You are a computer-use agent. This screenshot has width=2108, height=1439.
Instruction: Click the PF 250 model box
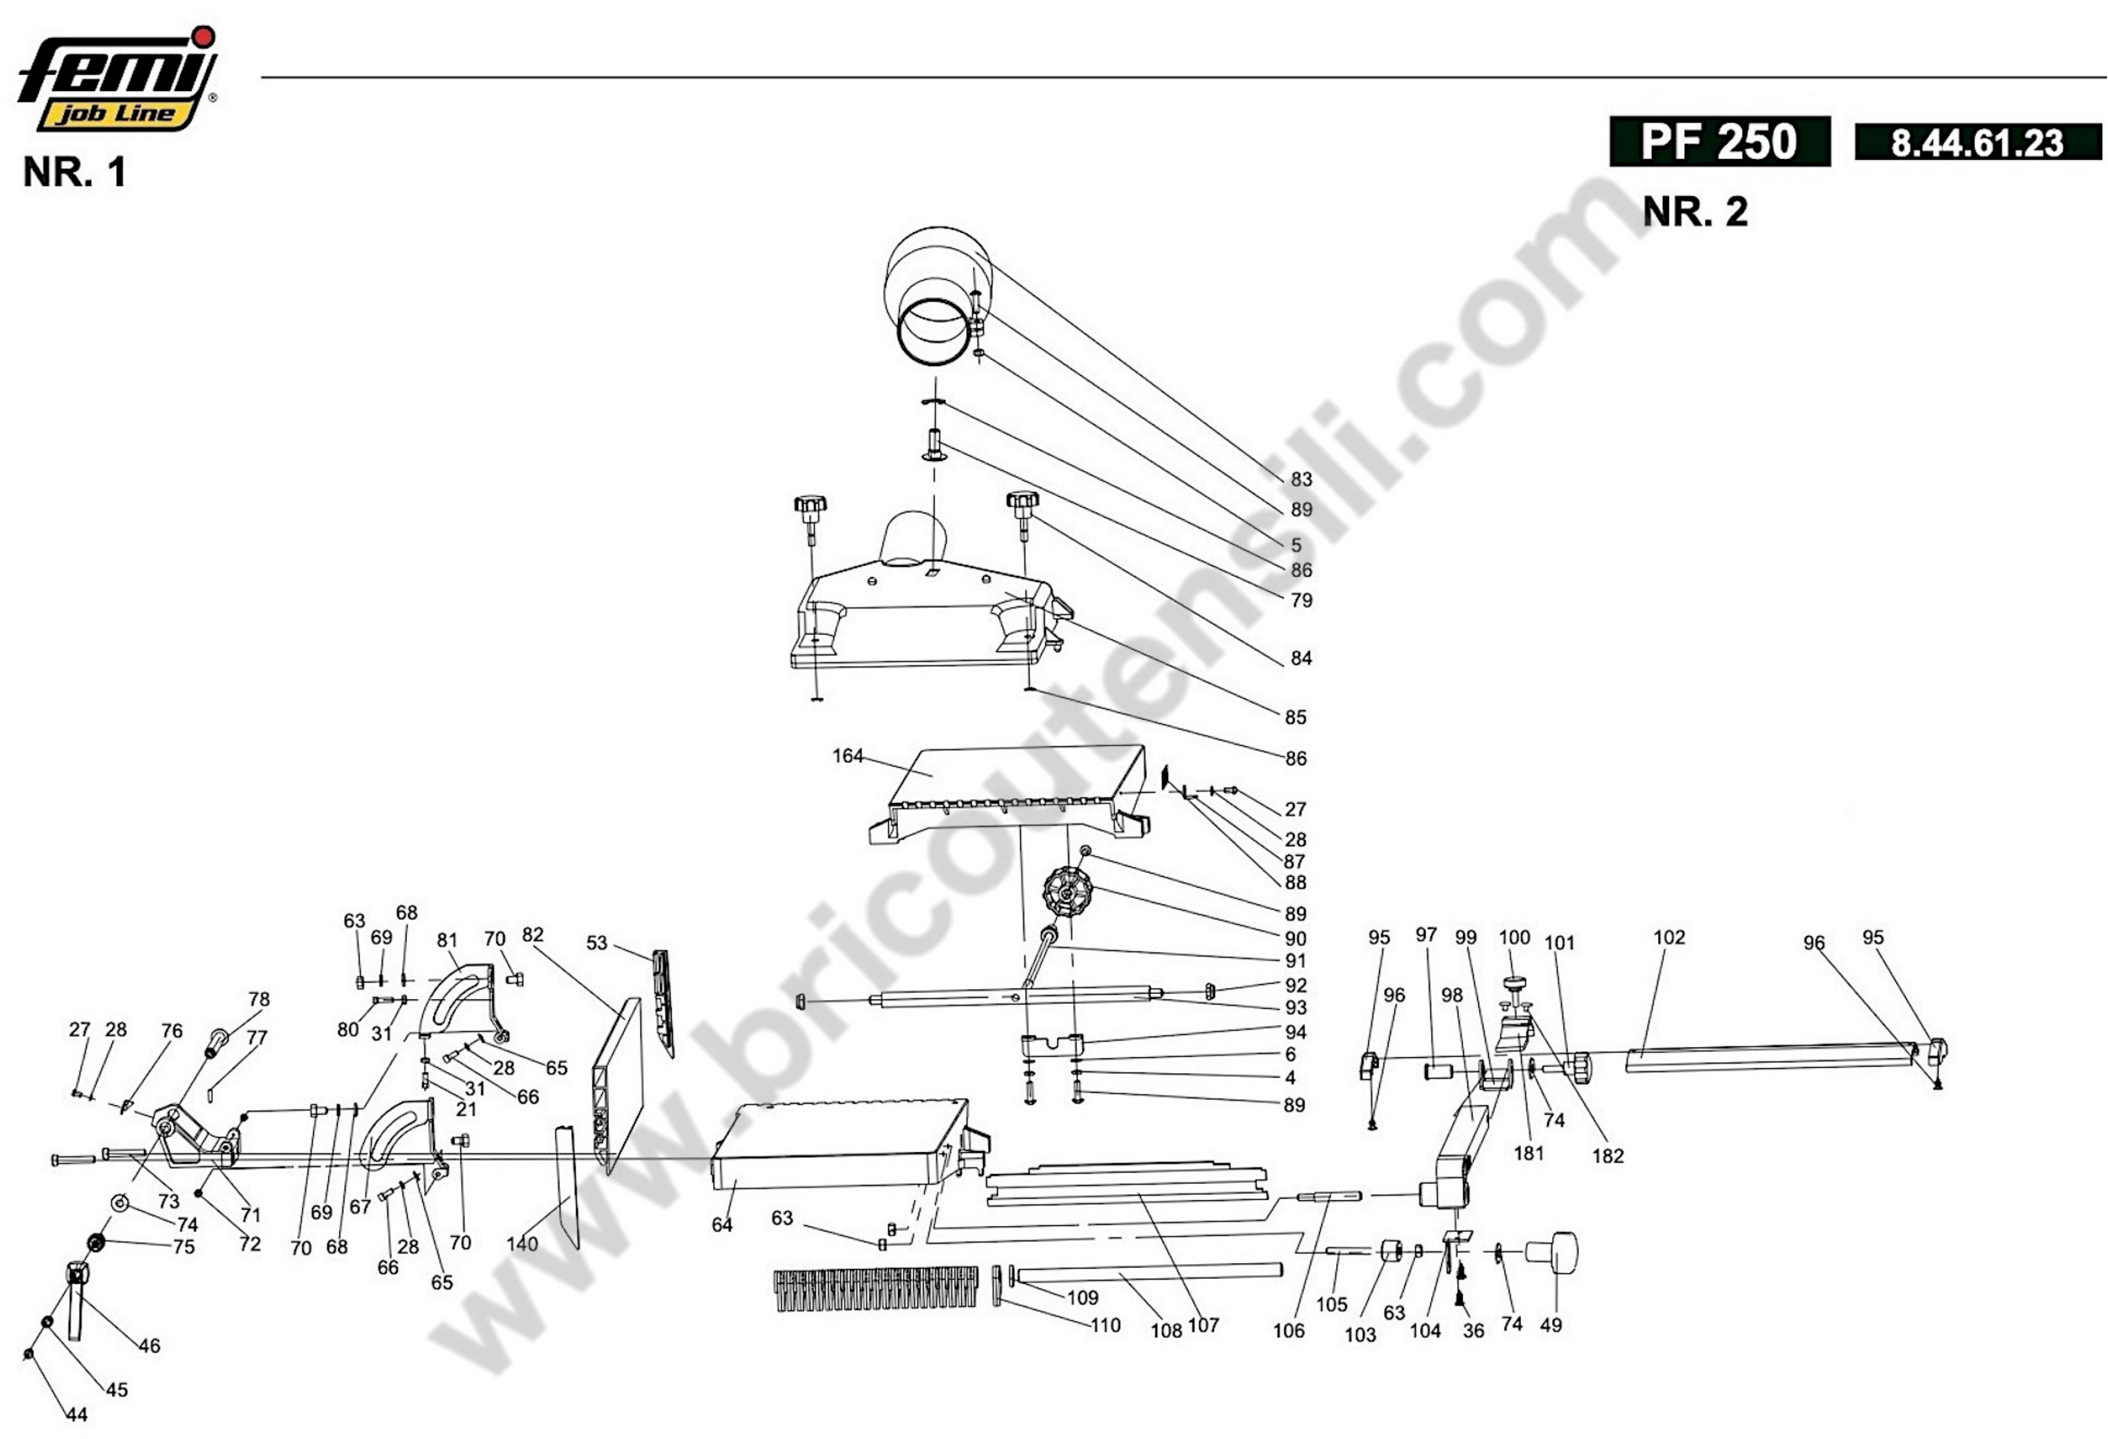(x=1720, y=141)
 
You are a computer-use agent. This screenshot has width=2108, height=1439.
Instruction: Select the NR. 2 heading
(x=1695, y=211)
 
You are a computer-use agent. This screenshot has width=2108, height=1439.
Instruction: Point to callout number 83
(x=1301, y=479)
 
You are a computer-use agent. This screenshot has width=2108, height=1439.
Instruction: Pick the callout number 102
(x=1669, y=937)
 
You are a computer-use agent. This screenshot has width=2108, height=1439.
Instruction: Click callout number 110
(x=1105, y=1326)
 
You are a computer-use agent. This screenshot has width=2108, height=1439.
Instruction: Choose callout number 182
(x=1607, y=1156)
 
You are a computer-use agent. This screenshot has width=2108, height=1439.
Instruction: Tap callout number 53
(x=596, y=942)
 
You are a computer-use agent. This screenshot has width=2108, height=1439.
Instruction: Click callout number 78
(x=259, y=999)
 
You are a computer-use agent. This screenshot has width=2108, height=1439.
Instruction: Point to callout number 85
(x=1295, y=717)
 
